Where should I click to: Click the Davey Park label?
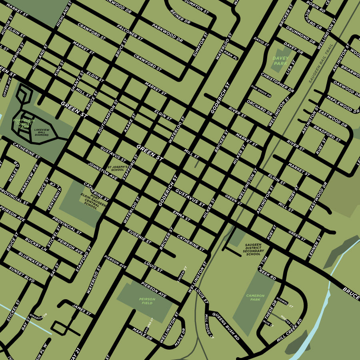tap(280, 60)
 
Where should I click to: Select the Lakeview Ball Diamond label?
tap(41, 132)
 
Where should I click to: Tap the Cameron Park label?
tap(255, 298)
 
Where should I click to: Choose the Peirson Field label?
tap(147, 301)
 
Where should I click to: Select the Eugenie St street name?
tap(139, 237)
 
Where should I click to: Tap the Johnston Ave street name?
tap(103, 171)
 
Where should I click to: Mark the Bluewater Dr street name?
tap(33, 260)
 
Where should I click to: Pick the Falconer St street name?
tap(130, 32)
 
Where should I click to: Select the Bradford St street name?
tap(327, 134)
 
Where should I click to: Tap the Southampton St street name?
tap(108, 117)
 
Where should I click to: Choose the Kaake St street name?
tap(130, 123)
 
